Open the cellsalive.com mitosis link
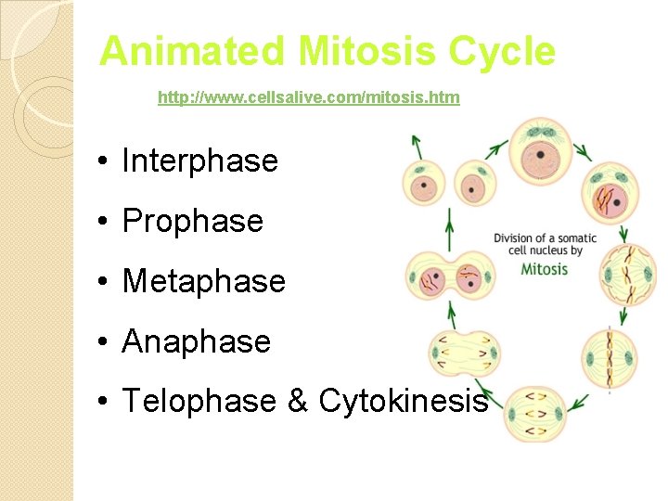tap(308, 97)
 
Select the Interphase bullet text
tap(199, 161)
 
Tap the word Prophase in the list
tap(192, 222)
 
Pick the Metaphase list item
tap(203, 281)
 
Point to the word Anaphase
tap(196, 341)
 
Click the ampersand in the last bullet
tap(297, 401)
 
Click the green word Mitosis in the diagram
tap(545, 269)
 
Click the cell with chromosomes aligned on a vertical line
tap(610, 358)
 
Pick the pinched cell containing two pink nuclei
tap(452, 277)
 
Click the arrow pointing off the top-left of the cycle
tap(417, 146)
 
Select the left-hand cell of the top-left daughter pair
tap(423, 185)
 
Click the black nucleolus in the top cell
tap(538, 155)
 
